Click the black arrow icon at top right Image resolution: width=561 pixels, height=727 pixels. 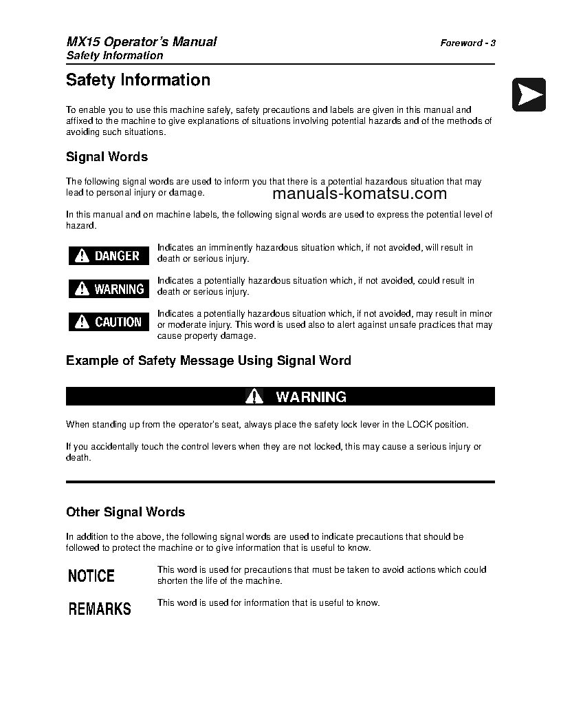pyautogui.click(x=529, y=94)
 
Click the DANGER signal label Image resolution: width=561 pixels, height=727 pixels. pyautogui.click(x=109, y=256)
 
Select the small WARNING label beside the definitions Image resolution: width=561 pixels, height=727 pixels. pyautogui.click(x=109, y=289)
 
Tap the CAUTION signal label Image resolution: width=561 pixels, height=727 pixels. pyautogui.click(x=109, y=322)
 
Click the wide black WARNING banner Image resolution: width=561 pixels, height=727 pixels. pyautogui.click(x=280, y=397)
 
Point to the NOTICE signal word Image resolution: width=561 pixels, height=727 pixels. pyautogui.click(x=91, y=576)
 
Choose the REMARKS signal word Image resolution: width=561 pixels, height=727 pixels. pyautogui.click(x=100, y=609)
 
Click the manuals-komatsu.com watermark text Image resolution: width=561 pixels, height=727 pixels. pyautogui.click(x=360, y=193)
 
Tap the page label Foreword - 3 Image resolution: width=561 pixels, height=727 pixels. pyautogui.click(x=467, y=43)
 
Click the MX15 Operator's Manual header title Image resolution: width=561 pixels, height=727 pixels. pyautogui.click(x=141, y=42)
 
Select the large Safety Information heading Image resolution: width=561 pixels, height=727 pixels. pyautogui.click(x=138, y=80)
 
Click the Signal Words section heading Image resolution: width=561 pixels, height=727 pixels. pyautogui.click(x=107, y=157)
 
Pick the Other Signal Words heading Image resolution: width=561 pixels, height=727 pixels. pyautogui.click(x=125, y=512)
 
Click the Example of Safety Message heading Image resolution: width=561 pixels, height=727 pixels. pyautogui.click(x=208, y=361)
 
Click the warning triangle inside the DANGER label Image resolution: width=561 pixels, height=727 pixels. pyautogui.click(x=82, y=256)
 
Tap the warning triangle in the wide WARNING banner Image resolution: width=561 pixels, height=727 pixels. pyautogui.click(x=254, y=397)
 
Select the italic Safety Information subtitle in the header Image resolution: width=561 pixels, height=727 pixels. pyautogui.click(x=114, y=56)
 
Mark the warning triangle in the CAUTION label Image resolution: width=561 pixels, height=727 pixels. pyautogui.click(x=82, y=322)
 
